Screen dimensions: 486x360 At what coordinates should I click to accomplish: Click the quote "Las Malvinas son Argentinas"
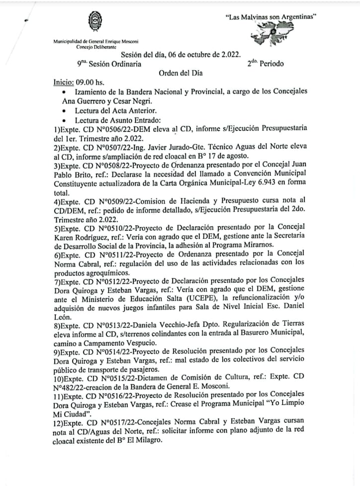pos(271,16)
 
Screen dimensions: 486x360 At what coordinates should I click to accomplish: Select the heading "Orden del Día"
pos(180,73)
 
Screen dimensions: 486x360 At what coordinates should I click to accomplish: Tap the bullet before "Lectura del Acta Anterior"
pos(65,110)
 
